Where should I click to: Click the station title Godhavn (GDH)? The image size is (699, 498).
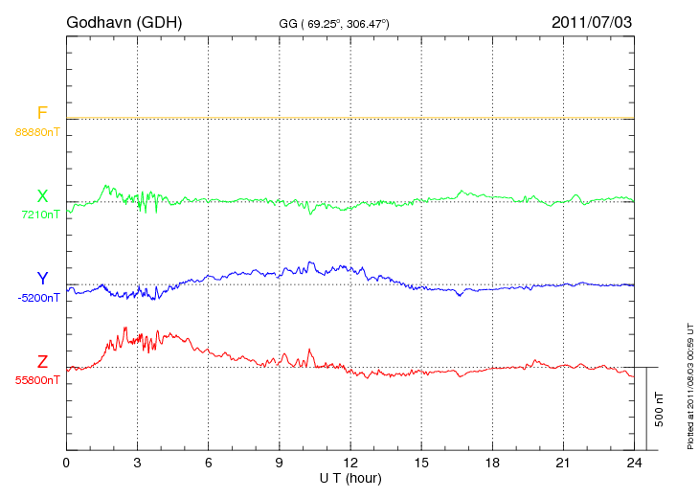pos(124,21)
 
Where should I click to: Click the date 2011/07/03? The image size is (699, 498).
pos(592,21)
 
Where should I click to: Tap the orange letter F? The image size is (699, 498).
pos(42,113)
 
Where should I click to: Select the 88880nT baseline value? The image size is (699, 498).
pos(37,131)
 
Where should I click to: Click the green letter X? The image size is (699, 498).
pos(42,196)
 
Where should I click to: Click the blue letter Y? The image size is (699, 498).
pos(42,279)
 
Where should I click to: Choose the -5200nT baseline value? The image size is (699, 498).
pos(37,297)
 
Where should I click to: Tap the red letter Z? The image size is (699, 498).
pos(42,361)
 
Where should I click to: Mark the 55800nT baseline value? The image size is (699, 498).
pos(37,379)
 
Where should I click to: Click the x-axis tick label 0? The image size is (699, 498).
pos(66,464)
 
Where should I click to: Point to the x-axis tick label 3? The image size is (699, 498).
pos(137,464)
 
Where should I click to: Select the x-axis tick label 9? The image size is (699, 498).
pos(279,464)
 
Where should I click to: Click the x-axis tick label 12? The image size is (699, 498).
pos(350,464)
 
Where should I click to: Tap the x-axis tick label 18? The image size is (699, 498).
pos(492,464)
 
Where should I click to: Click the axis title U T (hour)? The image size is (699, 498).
pos(350,477)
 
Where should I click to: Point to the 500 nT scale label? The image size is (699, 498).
pos(660,409)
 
